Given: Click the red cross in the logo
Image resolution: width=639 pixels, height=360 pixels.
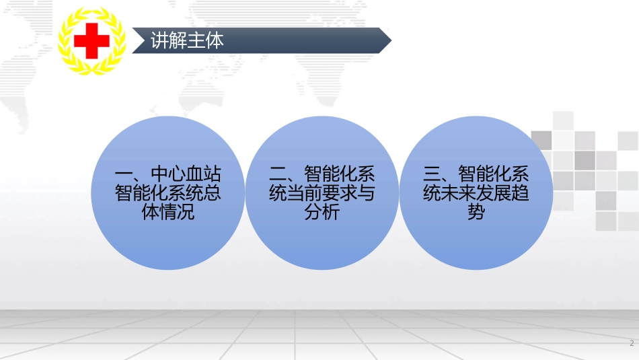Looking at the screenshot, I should [91, 41].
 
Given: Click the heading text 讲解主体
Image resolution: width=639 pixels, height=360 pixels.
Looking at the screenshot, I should [178, 41].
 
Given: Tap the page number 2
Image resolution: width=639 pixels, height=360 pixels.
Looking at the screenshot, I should [632, 344].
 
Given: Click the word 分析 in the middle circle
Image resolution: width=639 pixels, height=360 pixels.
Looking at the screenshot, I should [322, 213].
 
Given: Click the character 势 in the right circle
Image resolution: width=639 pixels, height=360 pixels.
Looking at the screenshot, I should [476, 213].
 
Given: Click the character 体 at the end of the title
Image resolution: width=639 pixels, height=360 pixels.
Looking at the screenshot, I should [215, 41].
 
